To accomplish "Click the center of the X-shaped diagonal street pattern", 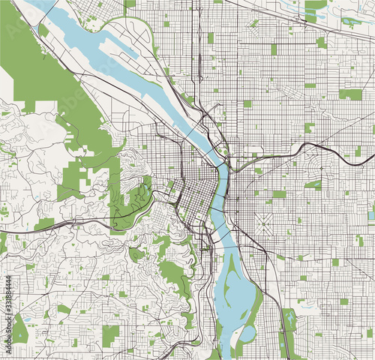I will pyautogui.click(x=265, y=223).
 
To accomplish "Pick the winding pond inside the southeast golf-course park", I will pyautogui.click(x=289, y=321).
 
